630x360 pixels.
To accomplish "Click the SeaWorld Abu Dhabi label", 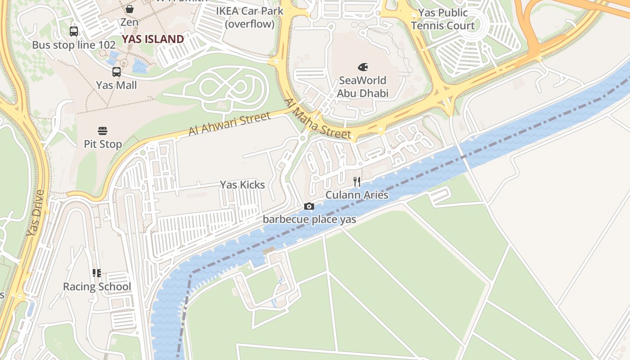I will click(x=362, y=87).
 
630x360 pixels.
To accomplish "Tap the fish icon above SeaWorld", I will click(x=363, y=67).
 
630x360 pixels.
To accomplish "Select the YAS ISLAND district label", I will click(x=153, y=39).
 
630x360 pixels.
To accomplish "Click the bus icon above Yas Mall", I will click(x=117, y=72).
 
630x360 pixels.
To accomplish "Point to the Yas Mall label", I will click(x=117, y=85).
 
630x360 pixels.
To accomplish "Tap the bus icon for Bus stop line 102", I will click(x=74, y=31).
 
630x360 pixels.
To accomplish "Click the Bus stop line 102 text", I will click(x=74, y=45).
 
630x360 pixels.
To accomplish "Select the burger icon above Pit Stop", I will click(x=103, y=131).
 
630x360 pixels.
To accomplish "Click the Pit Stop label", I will click(x=103, y=144).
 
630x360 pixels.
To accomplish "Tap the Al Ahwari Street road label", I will click(x=229, y=124).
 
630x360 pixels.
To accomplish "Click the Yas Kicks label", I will click(x=242, y=185).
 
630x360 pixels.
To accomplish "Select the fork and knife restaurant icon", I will click(x=356, y=182).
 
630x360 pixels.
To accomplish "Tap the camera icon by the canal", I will click(x=309, y=206).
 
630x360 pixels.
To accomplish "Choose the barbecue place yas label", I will click(x=309, y=220).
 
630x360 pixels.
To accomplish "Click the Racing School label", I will click(x=97, y=287).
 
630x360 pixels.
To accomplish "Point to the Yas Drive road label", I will click(x=36, y=213).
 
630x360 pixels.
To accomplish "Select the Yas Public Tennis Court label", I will click(x=443, y=19).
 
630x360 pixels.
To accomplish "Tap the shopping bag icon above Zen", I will click(x=130, y=9).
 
